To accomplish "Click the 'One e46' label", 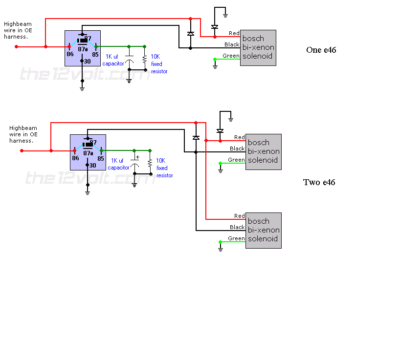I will [321, 50].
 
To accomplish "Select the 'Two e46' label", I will [319, 182].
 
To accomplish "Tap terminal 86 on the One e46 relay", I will [70, 54].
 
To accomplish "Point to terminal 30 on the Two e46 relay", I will [92, 166].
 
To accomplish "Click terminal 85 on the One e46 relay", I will [95, 54].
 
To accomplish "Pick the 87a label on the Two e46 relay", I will [88, 153].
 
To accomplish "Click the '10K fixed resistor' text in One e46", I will [158, 64].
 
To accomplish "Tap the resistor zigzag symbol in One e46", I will [145, 59].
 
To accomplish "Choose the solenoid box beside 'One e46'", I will [258, 47].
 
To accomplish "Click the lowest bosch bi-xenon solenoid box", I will [263, 230].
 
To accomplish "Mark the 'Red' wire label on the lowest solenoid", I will [240, 216].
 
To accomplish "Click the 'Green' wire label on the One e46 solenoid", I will [231, 56].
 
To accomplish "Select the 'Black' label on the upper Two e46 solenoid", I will [237, 148].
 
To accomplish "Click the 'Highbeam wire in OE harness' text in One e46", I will [17, 30].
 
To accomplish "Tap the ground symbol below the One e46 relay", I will [82, 88].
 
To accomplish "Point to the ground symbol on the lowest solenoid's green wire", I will [221, 249].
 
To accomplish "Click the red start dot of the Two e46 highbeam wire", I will [22, 150].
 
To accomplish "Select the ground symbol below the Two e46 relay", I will [88, 192].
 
